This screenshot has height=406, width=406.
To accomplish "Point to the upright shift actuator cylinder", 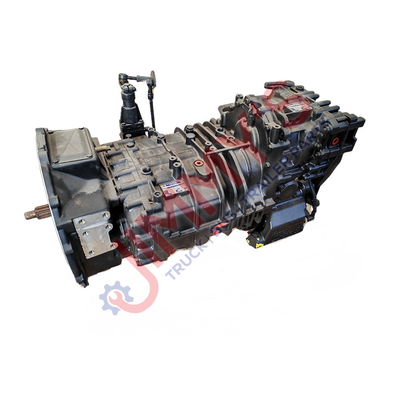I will click(x=129, y=109).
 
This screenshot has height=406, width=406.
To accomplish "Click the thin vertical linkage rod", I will click(x=151, y=107).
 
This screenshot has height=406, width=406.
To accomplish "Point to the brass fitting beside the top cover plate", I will click(x=103, y=148).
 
